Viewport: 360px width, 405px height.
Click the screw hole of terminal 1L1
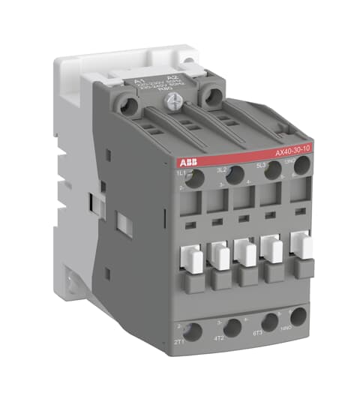click(x=193, y=178)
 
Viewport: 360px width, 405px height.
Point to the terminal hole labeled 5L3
click(x=272, y=169)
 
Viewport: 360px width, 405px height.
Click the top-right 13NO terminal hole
click(x=301, y=165)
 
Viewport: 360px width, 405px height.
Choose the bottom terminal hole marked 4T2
click(x=232, y=327)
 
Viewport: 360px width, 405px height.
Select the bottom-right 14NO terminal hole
click(x=298, y=316)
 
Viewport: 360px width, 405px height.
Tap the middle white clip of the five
click(x=247, y=251)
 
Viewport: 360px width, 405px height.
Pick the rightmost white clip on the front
click(x=301, y=244)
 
